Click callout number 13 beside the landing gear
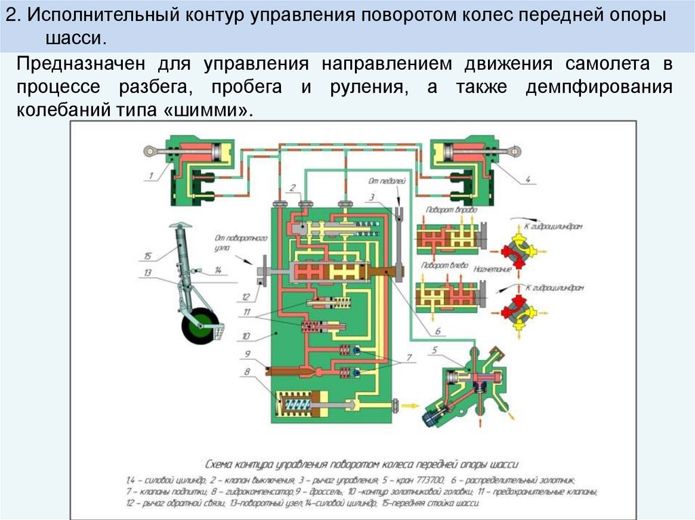coord(147,272)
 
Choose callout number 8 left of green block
coord(248,371)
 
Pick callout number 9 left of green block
coord(248,353)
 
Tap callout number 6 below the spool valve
coord(438,330)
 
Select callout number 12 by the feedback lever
coord(245,296)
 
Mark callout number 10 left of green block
coord(246,336)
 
